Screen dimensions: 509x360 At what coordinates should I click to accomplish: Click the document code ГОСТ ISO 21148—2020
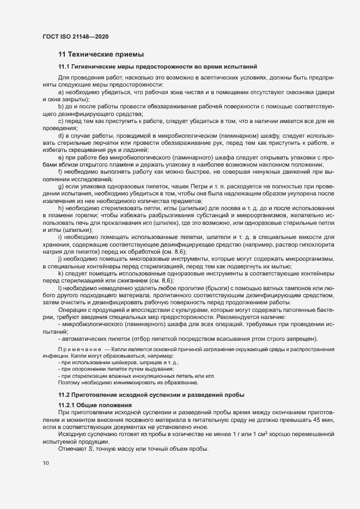pyautogui.click(x=75, y=36)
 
